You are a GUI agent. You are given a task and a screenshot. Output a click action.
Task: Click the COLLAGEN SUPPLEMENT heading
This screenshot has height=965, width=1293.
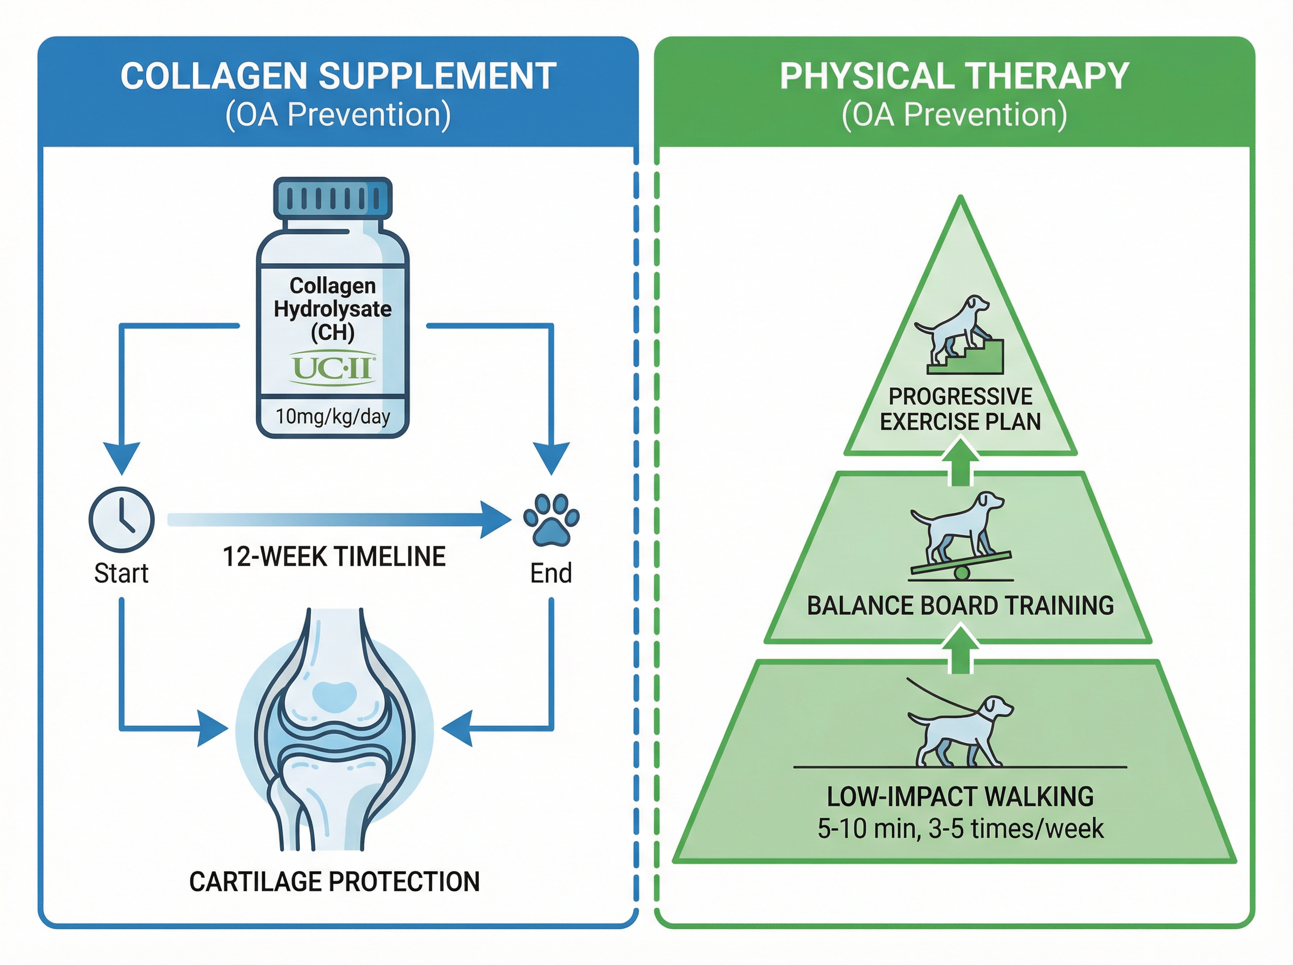[x=338, y=76]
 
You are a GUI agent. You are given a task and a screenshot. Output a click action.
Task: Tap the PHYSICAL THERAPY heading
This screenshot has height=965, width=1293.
[x=954, y=76]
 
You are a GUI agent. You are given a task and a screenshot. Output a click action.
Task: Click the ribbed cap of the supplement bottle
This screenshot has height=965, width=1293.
[x=332, y=199]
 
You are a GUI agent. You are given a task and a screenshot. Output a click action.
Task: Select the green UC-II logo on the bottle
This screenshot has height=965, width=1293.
[x=332, y=368]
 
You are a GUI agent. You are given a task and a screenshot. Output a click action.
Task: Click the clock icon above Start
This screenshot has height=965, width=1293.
[x=122, y=519]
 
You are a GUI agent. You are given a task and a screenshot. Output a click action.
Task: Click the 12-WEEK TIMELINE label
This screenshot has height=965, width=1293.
[x=334, y=557]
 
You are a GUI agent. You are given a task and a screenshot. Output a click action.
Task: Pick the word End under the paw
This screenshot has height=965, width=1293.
[x=551, y=574]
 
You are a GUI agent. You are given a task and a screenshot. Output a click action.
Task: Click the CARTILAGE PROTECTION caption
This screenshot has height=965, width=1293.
[x=334, y=882]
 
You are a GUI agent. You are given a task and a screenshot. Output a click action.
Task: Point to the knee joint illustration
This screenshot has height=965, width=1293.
[x=334, y=730]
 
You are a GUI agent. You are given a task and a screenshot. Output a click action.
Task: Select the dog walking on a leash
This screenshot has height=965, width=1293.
[x=958, y=730]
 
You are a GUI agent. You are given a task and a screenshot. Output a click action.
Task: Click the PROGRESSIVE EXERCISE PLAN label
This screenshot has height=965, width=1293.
[x=960, y=409]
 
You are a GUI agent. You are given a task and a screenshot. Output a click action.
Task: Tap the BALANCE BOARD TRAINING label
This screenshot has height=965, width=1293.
[x=960, y=606]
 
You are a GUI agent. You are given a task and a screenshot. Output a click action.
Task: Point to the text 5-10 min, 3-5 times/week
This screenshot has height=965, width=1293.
[x=960, y=829]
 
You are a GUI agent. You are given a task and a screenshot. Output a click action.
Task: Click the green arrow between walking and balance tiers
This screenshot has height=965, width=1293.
[x=961, y=648]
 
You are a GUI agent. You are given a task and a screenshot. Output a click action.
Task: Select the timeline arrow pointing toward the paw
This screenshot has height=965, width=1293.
[x=339, y=519]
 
